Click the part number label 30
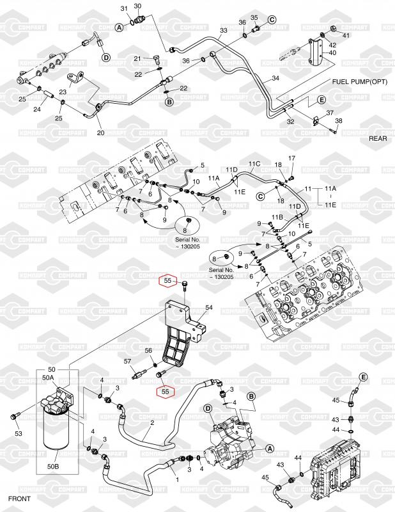tap(137, 6)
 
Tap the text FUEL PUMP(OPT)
tap(360, 82)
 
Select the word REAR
tap(378, 138)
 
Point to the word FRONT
tap(19, 499)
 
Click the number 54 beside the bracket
tap(209, 307)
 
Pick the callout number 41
tap(346, 35)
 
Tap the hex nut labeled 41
tap(334, 29)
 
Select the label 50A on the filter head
tap(48, 378)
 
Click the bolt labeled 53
tap(15, 417)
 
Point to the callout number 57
tap(127, 362)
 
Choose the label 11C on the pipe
tap(255, 164)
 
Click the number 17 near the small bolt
tap(291, 158)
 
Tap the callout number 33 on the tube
tap(224, 31)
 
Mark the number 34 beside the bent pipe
tap(275, 78)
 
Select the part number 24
tap(37, 109)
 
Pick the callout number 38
tap(339, 121)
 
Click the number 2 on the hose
tap(152, 423)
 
